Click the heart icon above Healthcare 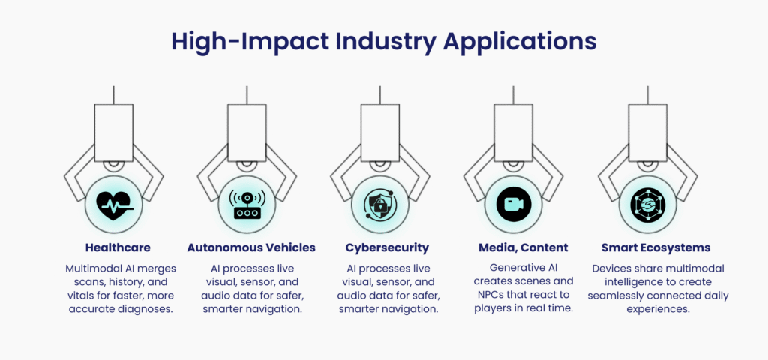tap(114, 205)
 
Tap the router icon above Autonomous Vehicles tap(247, 204)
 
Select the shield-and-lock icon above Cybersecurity tap(380, 204)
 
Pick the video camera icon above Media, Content tap(513, 204)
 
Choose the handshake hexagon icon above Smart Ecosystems tap(647, 204)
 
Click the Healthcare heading tap(118, 247)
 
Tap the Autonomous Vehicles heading tap(251, 247)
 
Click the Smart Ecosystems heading tap(655, 247)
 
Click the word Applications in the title tap(520, 43)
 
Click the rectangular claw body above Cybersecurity tap(380, 132)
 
